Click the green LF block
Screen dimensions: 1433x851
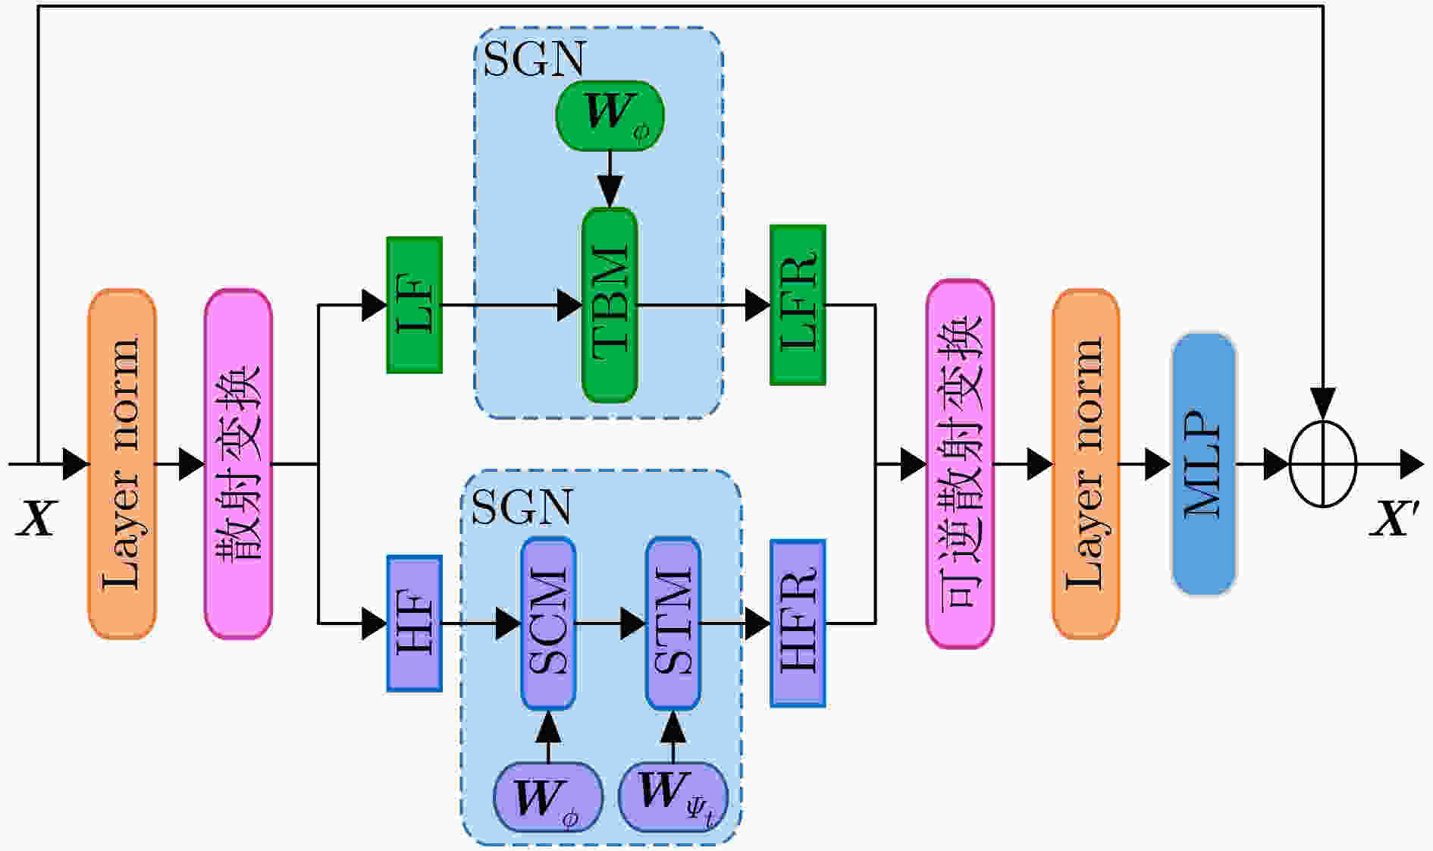coord(414,305)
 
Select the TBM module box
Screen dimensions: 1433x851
coord(610,305)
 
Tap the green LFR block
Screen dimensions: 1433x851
coord(798,305)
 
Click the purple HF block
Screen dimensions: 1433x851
coord(414,623)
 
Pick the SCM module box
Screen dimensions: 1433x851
coord(548,623)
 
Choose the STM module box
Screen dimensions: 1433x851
coord(673,623)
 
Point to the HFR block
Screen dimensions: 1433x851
coord(798,623)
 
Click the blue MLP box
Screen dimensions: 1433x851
coord(1204,464)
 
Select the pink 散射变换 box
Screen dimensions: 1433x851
coord(238,464)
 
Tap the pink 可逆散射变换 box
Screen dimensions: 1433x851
coord(960,464)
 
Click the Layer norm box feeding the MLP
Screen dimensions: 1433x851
coord(1086,464)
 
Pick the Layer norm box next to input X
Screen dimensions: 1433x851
coord(122,464)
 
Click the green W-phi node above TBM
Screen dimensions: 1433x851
coord(610,116)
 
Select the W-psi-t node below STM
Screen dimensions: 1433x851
coord(673,797)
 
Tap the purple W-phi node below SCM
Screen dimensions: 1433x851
coord(548,797)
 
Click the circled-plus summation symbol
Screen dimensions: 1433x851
coord(1323,463)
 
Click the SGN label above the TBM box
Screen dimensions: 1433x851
coord(535,58)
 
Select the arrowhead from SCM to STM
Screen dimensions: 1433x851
coord(633,624)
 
